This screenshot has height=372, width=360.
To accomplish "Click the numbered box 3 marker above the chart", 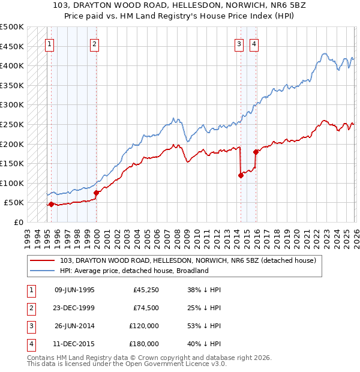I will click(239, 43).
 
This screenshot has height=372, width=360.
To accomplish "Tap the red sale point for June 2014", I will click(241, 175).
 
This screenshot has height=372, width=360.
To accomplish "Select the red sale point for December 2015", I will click(256, 152).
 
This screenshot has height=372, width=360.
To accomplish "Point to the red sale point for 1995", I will click(51, 204).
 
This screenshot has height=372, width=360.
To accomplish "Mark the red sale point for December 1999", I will click(96, 193).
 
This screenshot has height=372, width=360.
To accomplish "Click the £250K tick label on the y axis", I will click(12, 124).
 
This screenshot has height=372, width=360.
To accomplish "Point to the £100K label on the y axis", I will click(12, 183).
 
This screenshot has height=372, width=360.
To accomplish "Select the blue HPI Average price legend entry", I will click(134, 271).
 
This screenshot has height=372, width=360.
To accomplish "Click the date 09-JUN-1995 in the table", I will click(74, 290).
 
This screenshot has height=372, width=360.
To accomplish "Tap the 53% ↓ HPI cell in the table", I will click(205, 326).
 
